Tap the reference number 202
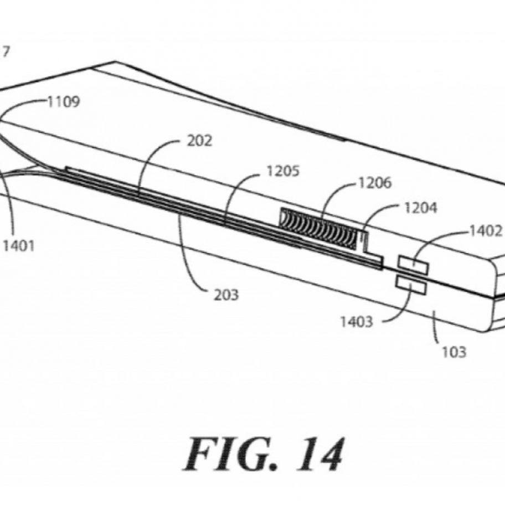[199, 141]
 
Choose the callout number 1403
[357, 321]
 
